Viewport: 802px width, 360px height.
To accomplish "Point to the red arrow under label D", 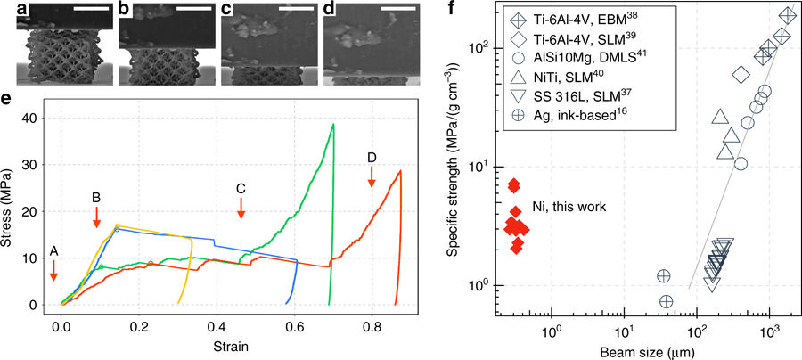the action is click(x=372, y=177).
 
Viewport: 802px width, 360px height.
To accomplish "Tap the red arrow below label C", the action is click(x=241, y=209).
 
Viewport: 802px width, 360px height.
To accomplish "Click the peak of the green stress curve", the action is click(x=333, y=124).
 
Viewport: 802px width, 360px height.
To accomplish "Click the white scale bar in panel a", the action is click(x=92, y=9).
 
